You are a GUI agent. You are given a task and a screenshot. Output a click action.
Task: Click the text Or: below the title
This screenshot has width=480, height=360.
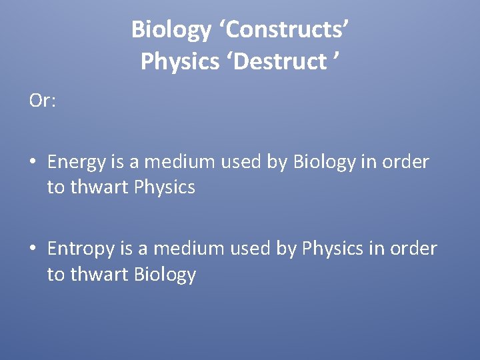[43, 101]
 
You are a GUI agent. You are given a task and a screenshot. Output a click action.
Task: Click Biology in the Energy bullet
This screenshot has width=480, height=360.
[325, 163]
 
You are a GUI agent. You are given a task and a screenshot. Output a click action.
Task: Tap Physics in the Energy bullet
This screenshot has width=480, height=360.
[165, 188]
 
